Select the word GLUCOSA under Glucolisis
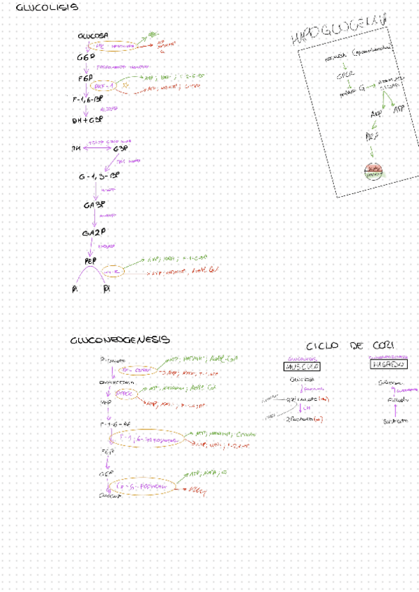tap(93, 36)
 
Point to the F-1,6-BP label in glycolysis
tap(88, 101)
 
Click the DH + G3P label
tap(87, 120)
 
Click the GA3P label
tap(93, 206)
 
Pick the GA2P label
tap(93, 232)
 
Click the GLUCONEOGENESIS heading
tap(119, 340)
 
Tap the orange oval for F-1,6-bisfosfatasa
tap(147, 439)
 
